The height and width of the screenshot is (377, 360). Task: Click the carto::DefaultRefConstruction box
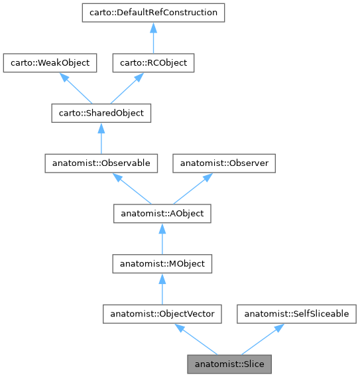[x=153, y=13]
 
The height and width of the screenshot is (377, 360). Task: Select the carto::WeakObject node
[x=50, y=63]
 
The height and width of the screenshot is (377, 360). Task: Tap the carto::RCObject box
[x=153, y=63]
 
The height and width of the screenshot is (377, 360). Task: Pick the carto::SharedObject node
[x=101, y=113]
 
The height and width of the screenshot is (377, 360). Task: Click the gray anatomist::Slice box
[x=229, y=364]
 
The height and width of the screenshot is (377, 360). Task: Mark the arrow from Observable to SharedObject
[x=101, y=138]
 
